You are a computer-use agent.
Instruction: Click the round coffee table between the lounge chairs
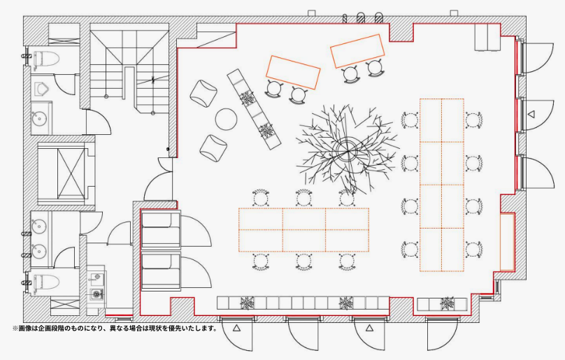[227, 119]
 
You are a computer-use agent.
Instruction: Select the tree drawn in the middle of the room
[347, 150]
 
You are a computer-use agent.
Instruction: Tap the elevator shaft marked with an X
[71, 173]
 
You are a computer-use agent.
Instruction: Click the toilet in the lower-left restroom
[46, 282]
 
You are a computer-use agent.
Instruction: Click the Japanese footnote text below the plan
[115, 329]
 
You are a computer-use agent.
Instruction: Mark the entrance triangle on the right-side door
[531, 115]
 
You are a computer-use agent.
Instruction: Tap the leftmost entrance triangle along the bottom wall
[236, 328]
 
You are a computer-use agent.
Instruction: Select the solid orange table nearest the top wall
[357, 51]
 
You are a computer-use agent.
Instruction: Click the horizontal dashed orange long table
[303, 229]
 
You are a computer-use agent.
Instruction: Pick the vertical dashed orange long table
[442, 185]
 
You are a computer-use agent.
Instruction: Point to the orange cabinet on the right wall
[507, 242]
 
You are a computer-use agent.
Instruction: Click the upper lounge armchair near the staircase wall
[203, 94]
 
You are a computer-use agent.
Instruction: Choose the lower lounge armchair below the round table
[213, 147]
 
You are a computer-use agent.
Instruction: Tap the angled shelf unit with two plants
[254, 109]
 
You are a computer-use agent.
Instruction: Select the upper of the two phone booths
[161, 230]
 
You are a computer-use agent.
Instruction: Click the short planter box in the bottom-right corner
[442, 305]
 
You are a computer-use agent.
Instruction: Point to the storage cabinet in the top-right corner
[487, 37]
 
